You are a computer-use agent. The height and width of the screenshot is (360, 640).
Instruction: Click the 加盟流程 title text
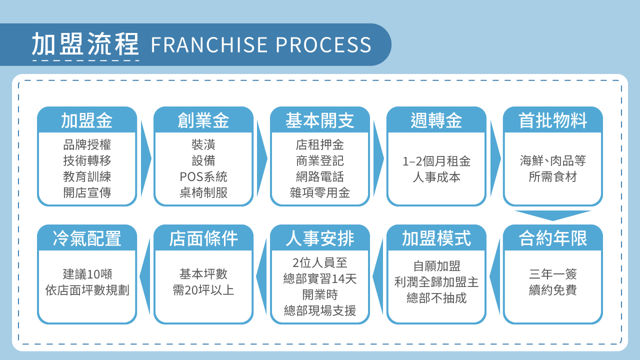[x=85, y=44]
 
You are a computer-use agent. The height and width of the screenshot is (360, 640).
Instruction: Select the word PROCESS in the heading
[x=323, y=45]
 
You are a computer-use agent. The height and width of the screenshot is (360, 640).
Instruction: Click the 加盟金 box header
[x=87, y=120]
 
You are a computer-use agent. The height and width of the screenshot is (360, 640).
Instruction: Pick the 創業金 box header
[x=203, y=120]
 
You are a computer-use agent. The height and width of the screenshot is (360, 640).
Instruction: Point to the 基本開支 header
[x=320, y=120]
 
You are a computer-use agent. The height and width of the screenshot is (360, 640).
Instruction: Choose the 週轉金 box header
[x=436, y=120]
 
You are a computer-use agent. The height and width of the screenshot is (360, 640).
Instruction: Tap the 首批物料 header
[x=553, y=120]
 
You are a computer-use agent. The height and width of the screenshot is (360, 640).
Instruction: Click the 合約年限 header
[x=553, y=238]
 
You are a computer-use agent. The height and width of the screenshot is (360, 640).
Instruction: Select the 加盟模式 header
[x=436, y=238]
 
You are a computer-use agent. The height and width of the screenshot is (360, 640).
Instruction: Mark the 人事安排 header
[x=320, y=238]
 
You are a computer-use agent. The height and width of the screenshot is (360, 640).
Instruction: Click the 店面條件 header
[x=203, y=238]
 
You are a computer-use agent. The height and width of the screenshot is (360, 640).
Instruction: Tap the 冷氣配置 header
[x=87, y=238]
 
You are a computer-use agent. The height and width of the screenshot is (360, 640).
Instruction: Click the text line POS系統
[x=203, y=177]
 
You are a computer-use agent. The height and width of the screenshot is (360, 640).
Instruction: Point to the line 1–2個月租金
[x=436, y=161]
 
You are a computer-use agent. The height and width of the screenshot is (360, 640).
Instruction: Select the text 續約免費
[x=553, y=290]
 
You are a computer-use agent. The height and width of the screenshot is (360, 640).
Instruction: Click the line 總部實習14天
[x=320, y=278]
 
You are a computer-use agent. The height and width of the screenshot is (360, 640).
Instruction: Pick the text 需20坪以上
[x=203, y=290]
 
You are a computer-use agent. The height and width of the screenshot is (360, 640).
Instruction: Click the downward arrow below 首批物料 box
[x=552, y=215]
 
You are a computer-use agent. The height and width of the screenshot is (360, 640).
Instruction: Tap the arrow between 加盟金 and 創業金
[x=145, y=158]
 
